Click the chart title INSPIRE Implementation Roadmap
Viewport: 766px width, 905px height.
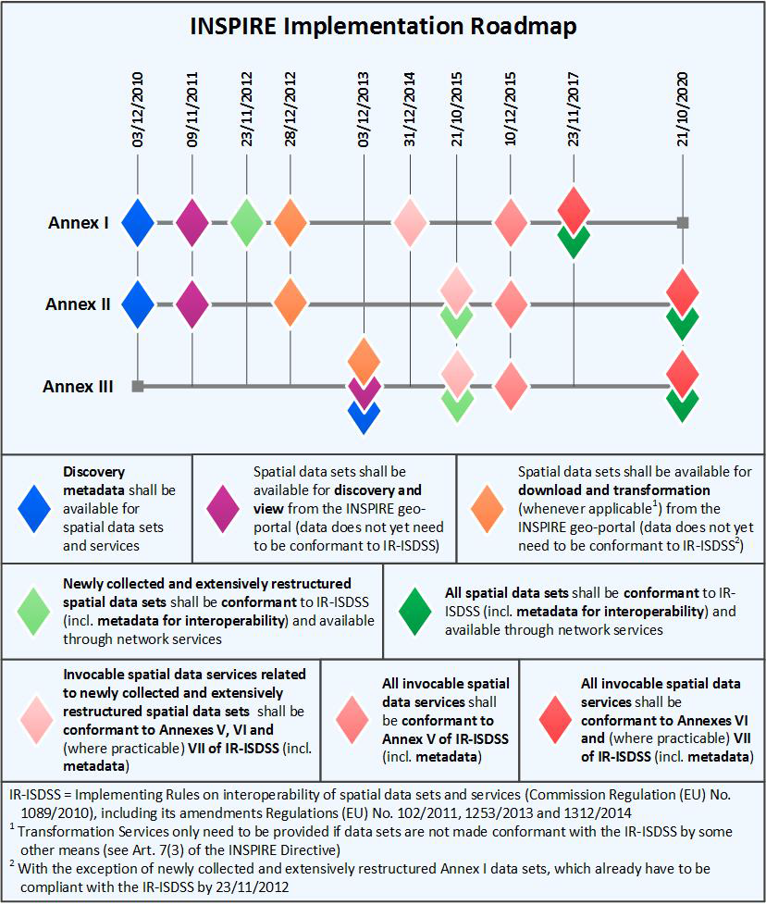coord(383,26)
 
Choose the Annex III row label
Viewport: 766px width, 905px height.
coord(78,386)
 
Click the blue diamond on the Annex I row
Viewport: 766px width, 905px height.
coord(138,222)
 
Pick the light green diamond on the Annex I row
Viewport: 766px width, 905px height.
coord(247,222)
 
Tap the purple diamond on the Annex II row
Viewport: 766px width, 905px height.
coord(192,304)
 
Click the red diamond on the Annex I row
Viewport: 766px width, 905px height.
coord(574,207)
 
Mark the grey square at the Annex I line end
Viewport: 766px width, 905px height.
coord(683,222)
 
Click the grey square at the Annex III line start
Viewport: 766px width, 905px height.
coord(138,386)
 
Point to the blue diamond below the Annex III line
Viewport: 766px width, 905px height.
coord(364,415)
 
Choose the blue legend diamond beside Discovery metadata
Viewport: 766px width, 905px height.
coord(34,507)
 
